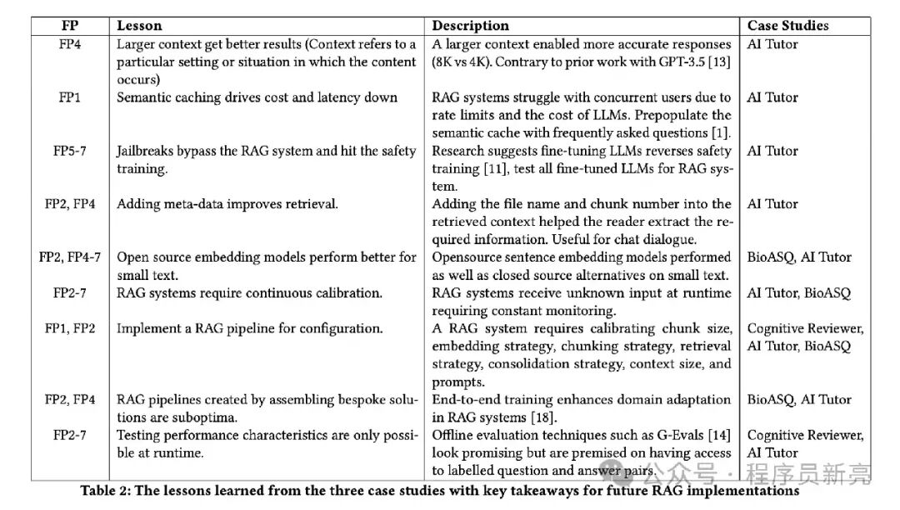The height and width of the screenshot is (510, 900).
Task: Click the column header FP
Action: click(69, 26)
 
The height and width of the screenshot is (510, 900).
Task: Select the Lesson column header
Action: click(139, 26)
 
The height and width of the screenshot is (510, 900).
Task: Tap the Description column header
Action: click(470, 26)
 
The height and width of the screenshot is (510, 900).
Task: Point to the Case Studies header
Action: click(787, 26)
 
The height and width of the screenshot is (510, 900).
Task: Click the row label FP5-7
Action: click(69, 151)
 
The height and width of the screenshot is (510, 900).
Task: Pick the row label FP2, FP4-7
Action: click(69, 257)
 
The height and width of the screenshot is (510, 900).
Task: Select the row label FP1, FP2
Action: click(69, 328)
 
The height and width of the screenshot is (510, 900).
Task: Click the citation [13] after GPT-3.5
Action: click(718, 62)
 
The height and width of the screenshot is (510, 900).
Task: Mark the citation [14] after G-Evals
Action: click(718, 435)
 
